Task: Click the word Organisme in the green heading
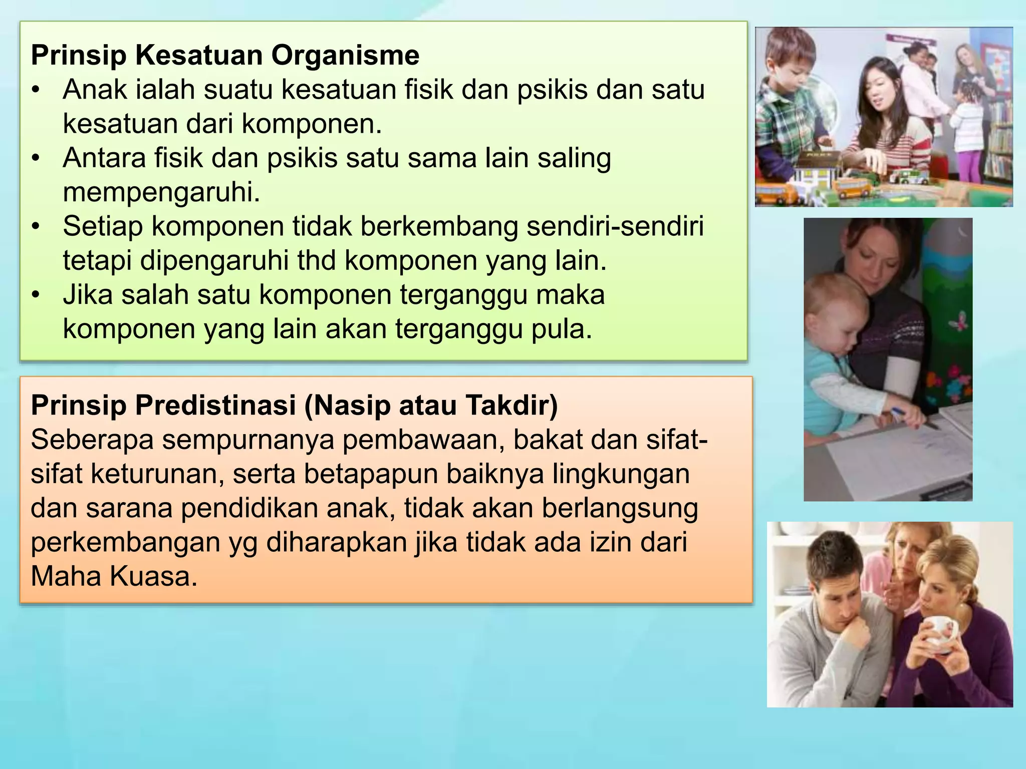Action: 345,56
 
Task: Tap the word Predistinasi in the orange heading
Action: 215,405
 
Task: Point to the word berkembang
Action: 439,226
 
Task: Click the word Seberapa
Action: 92,440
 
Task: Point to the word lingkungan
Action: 621,474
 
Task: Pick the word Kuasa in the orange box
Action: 153,577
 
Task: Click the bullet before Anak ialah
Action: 35,91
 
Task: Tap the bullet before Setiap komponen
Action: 35,227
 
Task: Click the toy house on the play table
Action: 817,170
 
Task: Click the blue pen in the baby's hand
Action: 900,413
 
